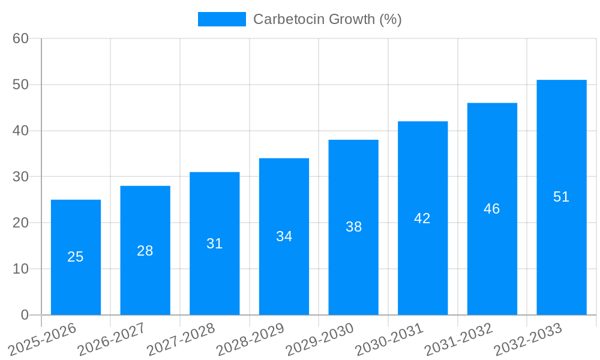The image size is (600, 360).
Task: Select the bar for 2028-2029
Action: point(284,270)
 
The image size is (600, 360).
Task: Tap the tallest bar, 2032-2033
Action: point(562,252)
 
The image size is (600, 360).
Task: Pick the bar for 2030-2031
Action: point(422,264)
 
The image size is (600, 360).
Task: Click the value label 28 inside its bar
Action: point(145,251)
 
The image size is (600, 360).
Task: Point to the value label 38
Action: point(353,227)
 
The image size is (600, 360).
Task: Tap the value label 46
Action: point(492,209)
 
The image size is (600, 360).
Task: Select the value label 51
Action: point(562,197)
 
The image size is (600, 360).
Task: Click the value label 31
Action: point(214,244)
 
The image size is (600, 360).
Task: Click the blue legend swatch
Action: point(221,19)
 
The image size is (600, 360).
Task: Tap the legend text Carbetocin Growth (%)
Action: point(327,19)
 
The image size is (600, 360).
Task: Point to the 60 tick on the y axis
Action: point(20,38)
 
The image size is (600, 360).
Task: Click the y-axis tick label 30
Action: point(20,177)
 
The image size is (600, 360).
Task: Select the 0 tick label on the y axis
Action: point(25,315)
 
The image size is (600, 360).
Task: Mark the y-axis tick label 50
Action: point(20,85)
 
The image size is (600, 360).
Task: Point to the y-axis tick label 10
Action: point(20,269)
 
